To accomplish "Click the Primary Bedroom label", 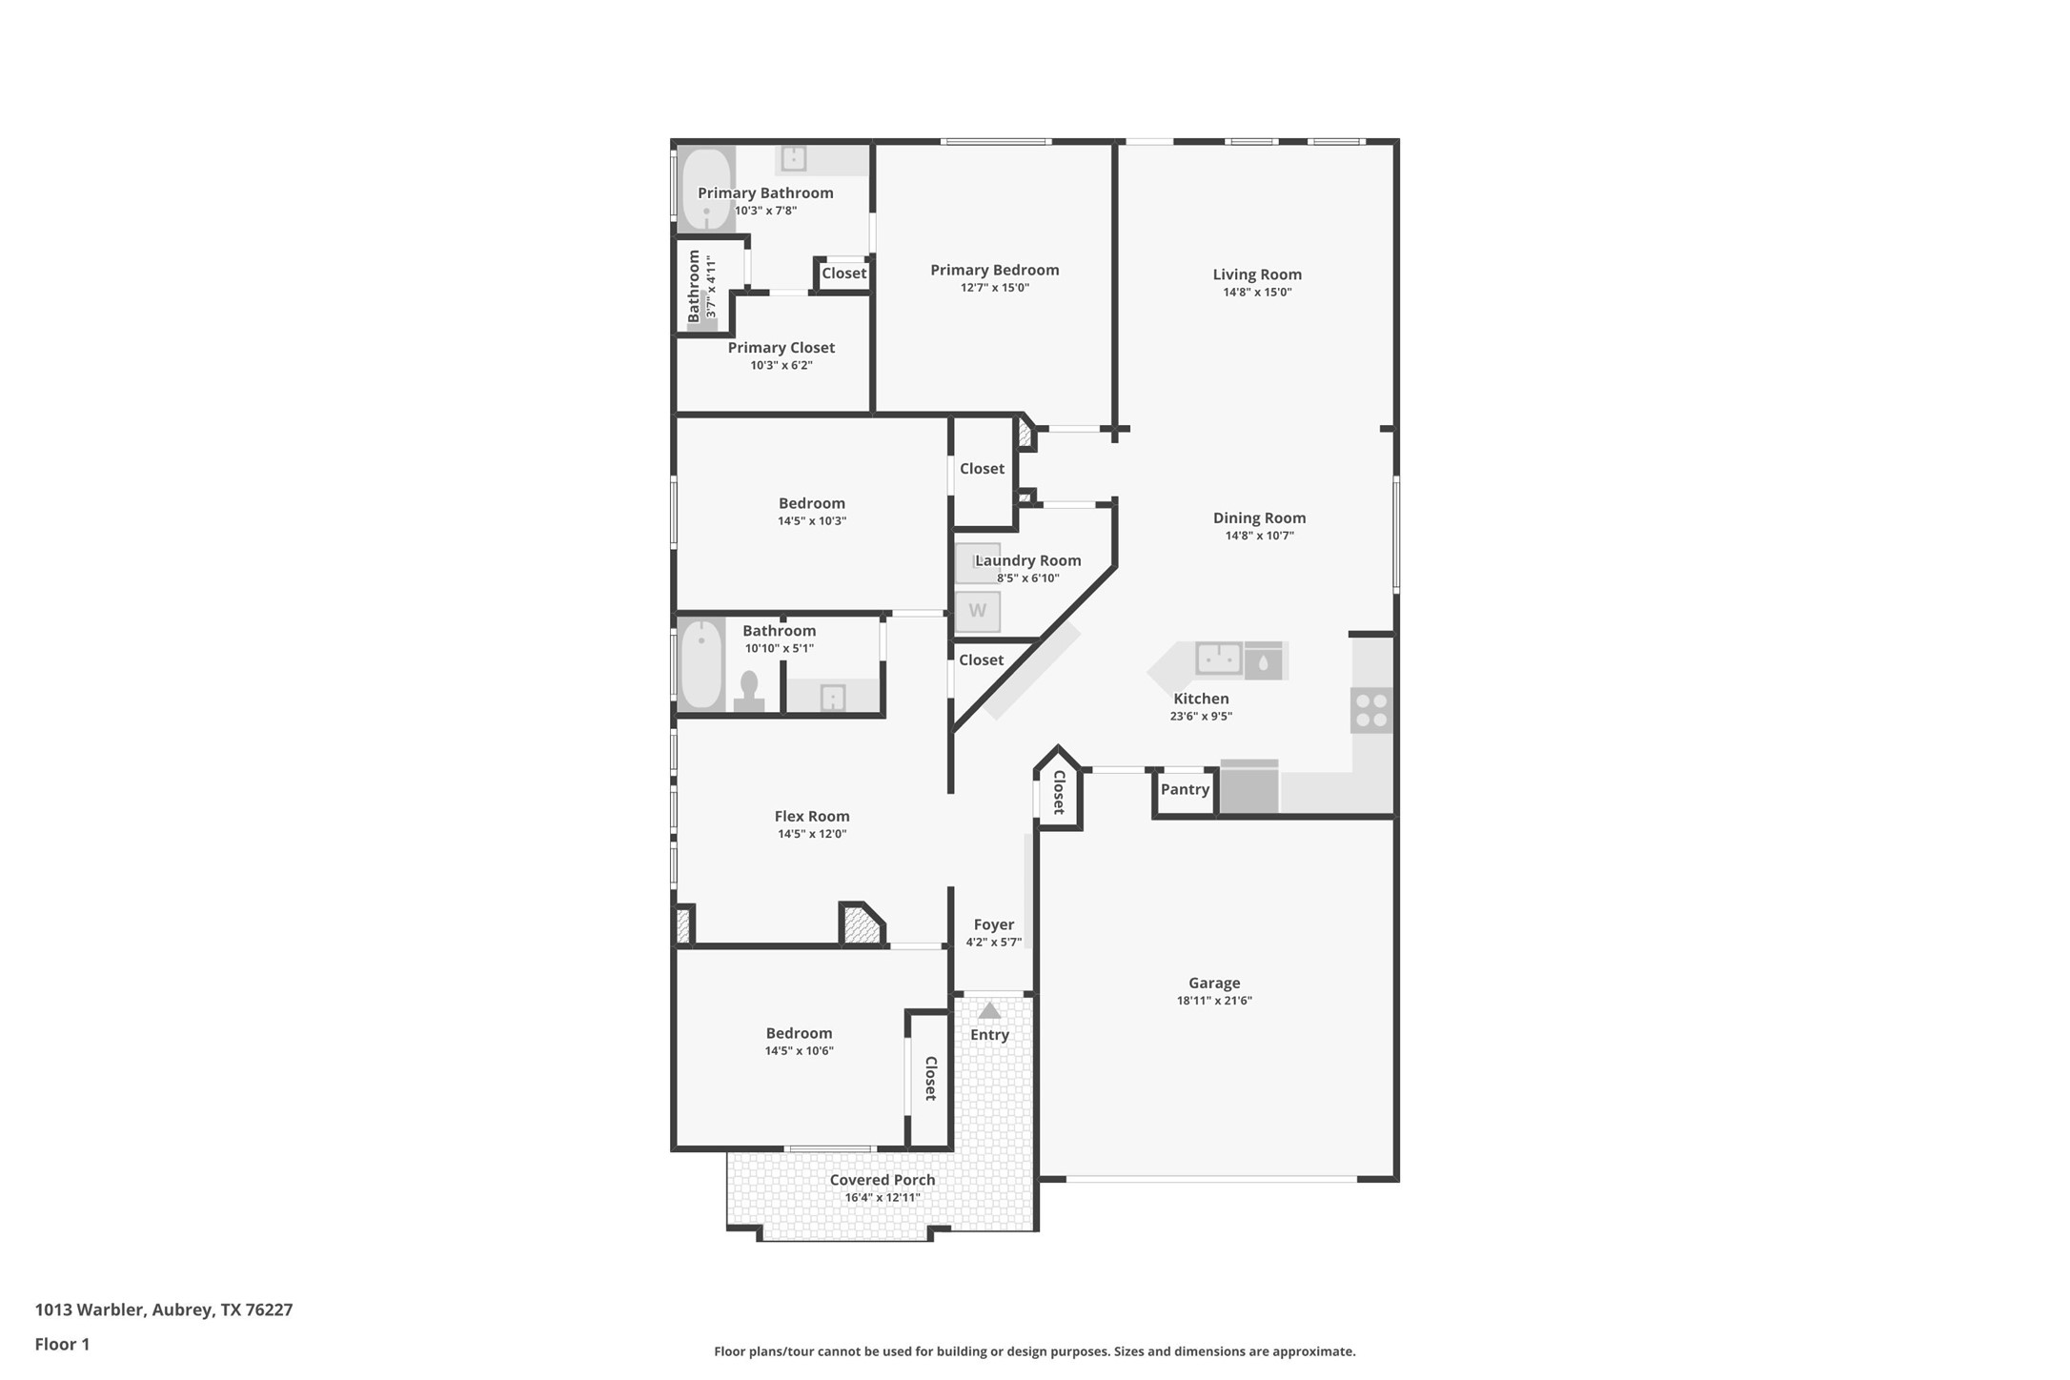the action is [x=994, y=270].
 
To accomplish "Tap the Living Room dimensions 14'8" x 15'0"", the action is [x=1257, y=293].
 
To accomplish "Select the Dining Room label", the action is [x=1259, y=517].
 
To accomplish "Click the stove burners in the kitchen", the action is [x=1371, y=710].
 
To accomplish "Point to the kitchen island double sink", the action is [x=1218, y=659].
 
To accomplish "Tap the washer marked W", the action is [x=978, y=611].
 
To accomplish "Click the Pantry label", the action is [x=1185, y=789].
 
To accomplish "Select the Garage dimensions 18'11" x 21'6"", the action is [x=1214, y=1001].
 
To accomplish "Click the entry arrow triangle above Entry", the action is [x=989, y=1010].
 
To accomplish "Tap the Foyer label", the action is [x=993, y=924].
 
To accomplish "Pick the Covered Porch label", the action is [x=883, y=1180].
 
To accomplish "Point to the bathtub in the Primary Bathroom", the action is [x=706, y=189].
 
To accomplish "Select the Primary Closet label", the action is [x=781, y=348].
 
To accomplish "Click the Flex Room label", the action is [x=812, y=816].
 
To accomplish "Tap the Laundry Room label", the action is [x=1027, y=560].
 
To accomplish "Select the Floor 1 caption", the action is [x=62, y=1345].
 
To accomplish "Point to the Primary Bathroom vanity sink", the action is [x=793, y=158].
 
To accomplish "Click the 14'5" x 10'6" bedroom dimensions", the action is [x=799, y=1051].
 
